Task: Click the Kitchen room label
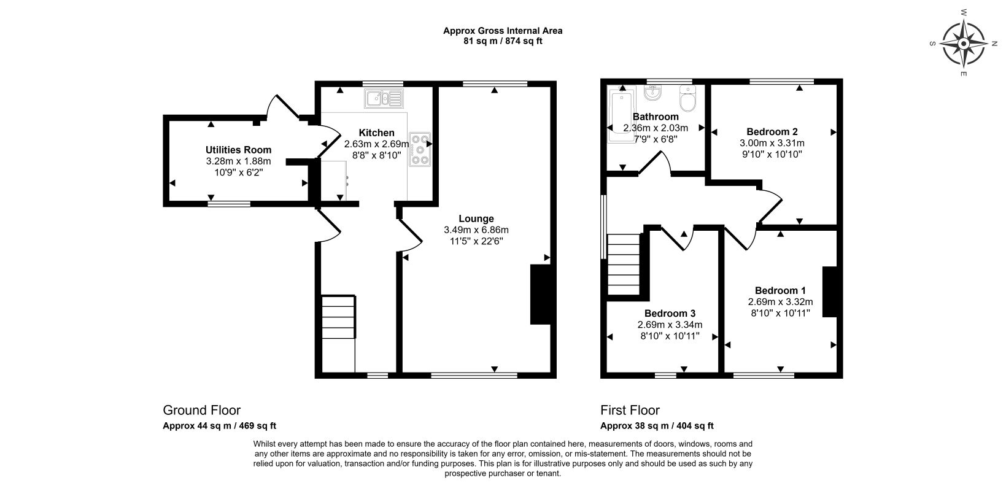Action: point(376,133)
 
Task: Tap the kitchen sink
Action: point(384,98)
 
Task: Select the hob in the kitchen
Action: point(420,149)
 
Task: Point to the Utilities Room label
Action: point(239,150)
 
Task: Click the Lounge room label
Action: point(476,218)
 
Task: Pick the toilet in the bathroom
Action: point(687,98)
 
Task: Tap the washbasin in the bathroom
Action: point(652,92)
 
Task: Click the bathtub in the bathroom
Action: point(622,115)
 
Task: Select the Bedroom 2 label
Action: point(772,131)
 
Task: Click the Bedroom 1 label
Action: point(780,290)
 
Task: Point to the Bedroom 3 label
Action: point(670,313)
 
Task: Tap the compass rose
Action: point(964,44)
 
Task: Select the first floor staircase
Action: point(624,265)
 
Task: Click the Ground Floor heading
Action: point(202,410)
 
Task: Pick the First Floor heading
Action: point(630,410)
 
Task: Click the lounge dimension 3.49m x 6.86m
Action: point(476,230)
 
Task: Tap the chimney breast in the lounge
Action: point(541,294)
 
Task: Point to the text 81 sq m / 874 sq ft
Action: point(503,41)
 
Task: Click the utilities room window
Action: point(229,204)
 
